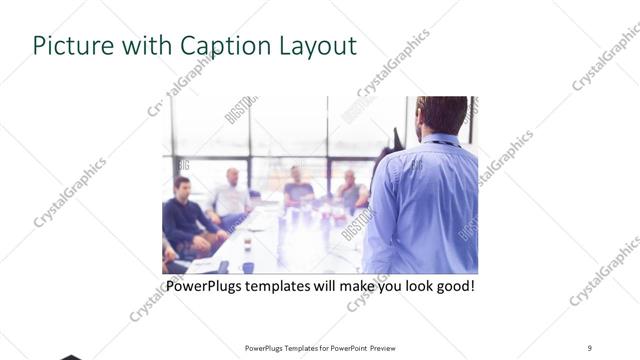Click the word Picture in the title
coord(69,46)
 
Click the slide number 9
coord(589,347)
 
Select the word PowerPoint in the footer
coord(346,347)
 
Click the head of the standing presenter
coord(441,115)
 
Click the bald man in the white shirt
coord(230,194)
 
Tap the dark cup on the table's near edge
coord(222,267)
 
